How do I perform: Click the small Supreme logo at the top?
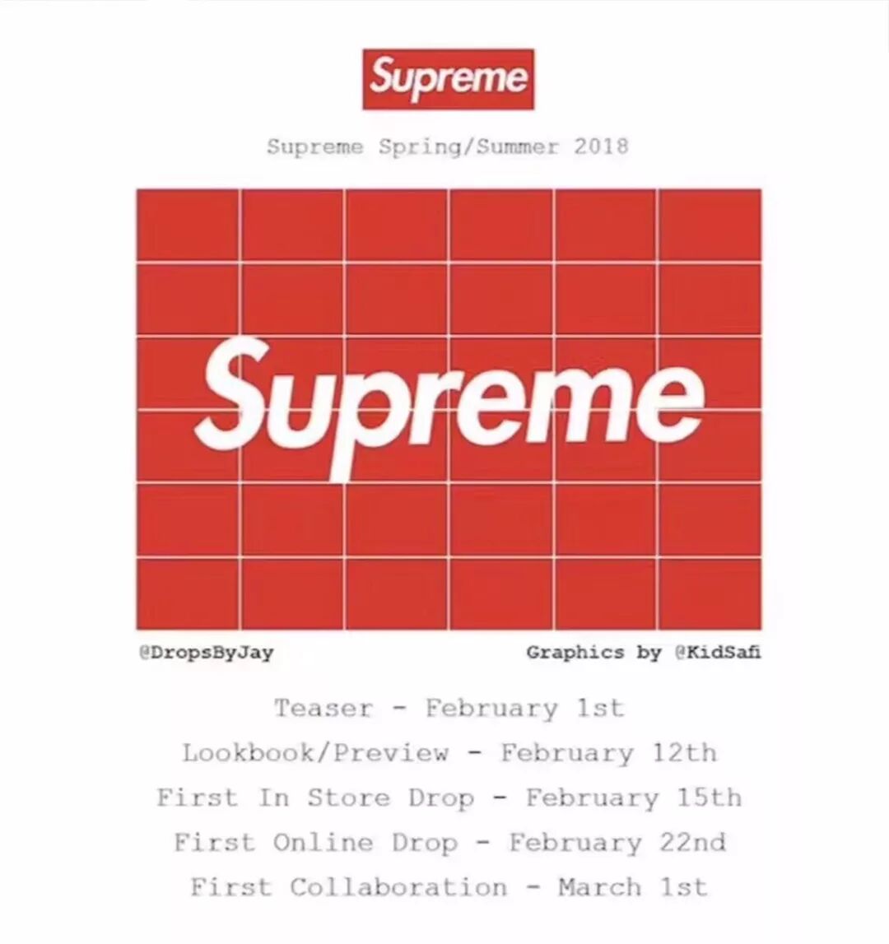pos(449,79)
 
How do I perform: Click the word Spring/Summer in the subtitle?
pos(468,147)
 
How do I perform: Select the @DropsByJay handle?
pos(206,653)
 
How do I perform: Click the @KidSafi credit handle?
pos(718,653)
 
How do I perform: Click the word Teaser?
pos(323,709)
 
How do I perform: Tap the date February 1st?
pos(524,709)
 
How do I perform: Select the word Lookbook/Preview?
pos(316,753)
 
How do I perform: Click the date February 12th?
pos(608,753)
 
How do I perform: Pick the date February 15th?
pos(633,798)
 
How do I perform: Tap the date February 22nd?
pos(617,843)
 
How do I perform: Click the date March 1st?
pos(632,887)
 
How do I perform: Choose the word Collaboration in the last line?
pos(398,887)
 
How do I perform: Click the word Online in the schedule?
pos(323,843)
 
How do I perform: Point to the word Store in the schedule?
pos(349,798)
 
